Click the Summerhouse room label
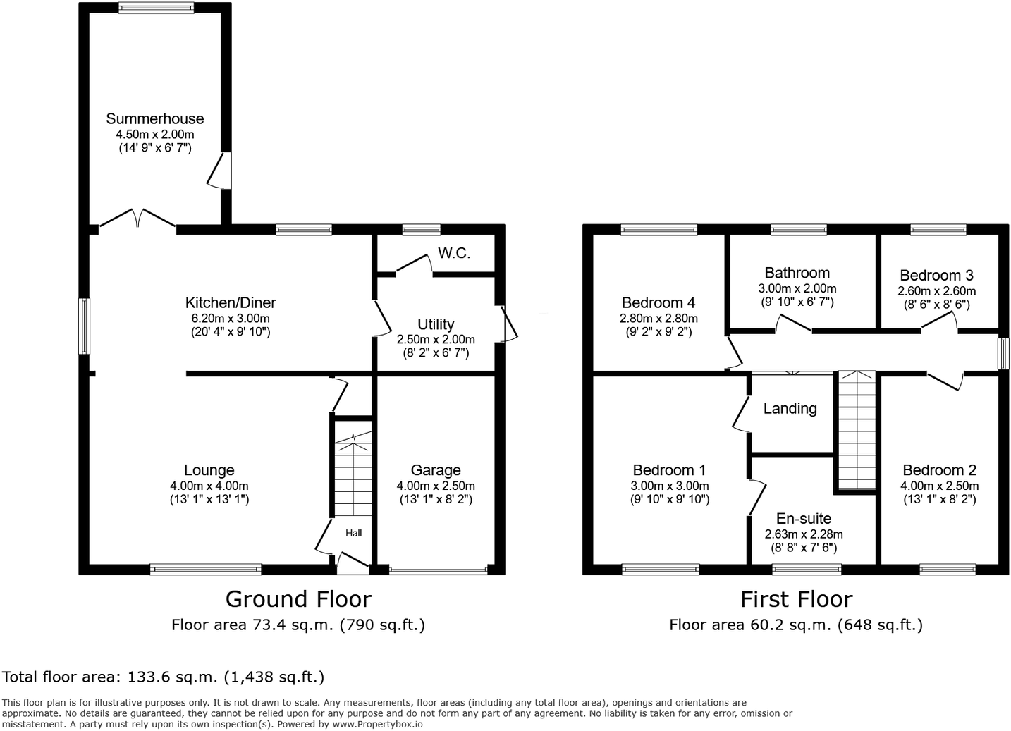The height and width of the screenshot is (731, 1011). point(155,118)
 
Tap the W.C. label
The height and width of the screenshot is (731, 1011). point(454,254)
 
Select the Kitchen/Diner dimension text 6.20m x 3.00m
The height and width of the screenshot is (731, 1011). point(230,318)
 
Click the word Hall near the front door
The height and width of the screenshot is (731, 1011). point(353,533)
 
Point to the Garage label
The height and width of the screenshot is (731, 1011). point(436,470)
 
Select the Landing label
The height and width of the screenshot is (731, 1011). point(790,409)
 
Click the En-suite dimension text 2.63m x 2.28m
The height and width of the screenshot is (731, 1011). point(804,534)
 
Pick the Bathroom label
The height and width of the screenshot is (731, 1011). point(797,273)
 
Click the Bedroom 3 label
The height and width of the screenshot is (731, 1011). point(936,276)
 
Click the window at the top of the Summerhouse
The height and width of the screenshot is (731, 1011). point(156,8)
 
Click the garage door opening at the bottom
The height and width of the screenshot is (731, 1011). point(438,570)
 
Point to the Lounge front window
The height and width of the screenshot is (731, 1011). point(205,569)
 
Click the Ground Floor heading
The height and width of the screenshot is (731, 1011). point(298,599)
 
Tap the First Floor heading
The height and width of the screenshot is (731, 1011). point(796,599)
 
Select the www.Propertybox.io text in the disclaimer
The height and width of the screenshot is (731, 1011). point(377,724)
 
